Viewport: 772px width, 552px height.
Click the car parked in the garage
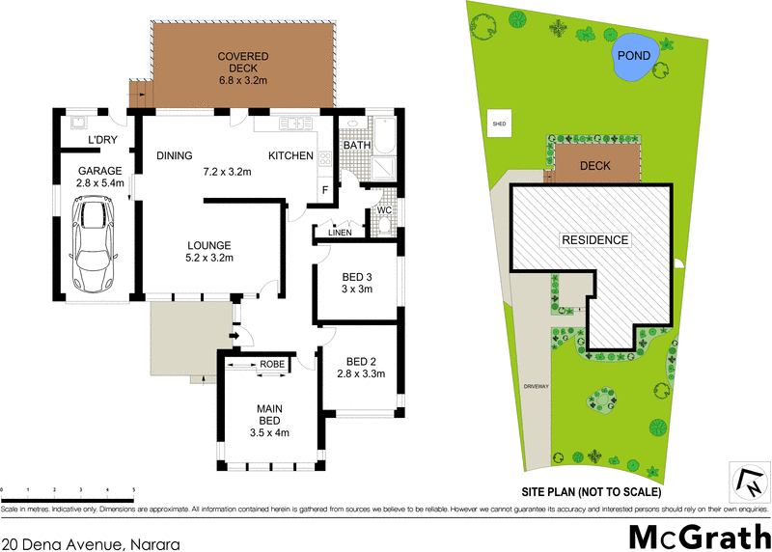point(92,245)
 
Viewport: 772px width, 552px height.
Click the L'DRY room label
point(102,142)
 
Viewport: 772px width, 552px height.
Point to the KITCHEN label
point(290,155)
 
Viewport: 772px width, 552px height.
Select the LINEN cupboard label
point(339,233)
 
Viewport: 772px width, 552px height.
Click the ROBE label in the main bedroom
point(271,364)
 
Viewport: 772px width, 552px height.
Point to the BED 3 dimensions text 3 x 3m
point(358,289)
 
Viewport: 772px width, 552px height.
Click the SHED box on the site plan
point(499,124)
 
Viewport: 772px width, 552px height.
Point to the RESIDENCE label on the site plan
point(595,239)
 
